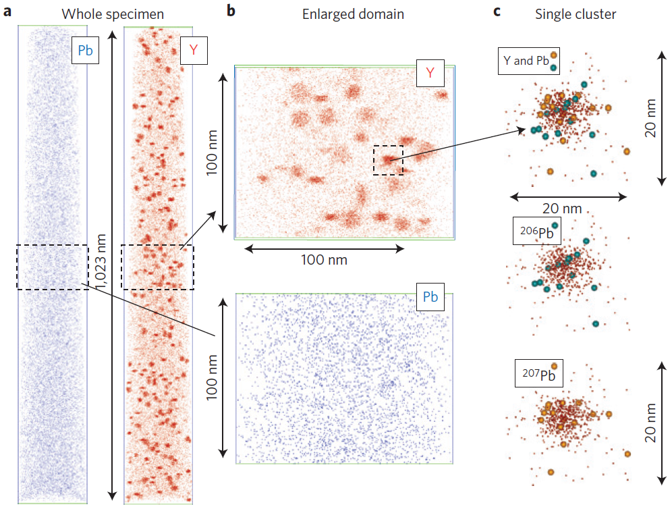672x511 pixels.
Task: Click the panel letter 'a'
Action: [x=7, y=11]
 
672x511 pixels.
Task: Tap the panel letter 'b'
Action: [x=231, y=11]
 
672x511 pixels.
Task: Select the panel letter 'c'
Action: [x=497, y=11]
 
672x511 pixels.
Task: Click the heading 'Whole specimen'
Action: [x=113, y=14]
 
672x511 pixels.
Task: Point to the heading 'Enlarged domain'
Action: [x=353, y=14]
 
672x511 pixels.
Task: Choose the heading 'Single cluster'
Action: [x=576, y=14]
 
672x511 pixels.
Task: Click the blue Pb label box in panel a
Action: [x=85, y=51]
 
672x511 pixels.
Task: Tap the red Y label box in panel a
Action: [x=194, y=51]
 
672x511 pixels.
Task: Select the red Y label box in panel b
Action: [x=430, y=74]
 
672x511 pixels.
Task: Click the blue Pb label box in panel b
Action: [x=430, y=296]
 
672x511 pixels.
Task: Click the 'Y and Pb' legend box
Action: [x=529, y=61]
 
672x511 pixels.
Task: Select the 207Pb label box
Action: [x=538, y=373]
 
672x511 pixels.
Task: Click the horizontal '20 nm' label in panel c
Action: [x=562, y=209]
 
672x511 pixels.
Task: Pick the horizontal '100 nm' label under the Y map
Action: [x=324, y=260]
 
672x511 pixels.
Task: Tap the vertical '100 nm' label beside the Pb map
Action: [x=212, y=377]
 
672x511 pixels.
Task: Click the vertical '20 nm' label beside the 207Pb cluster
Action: [x=650, y=423]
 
